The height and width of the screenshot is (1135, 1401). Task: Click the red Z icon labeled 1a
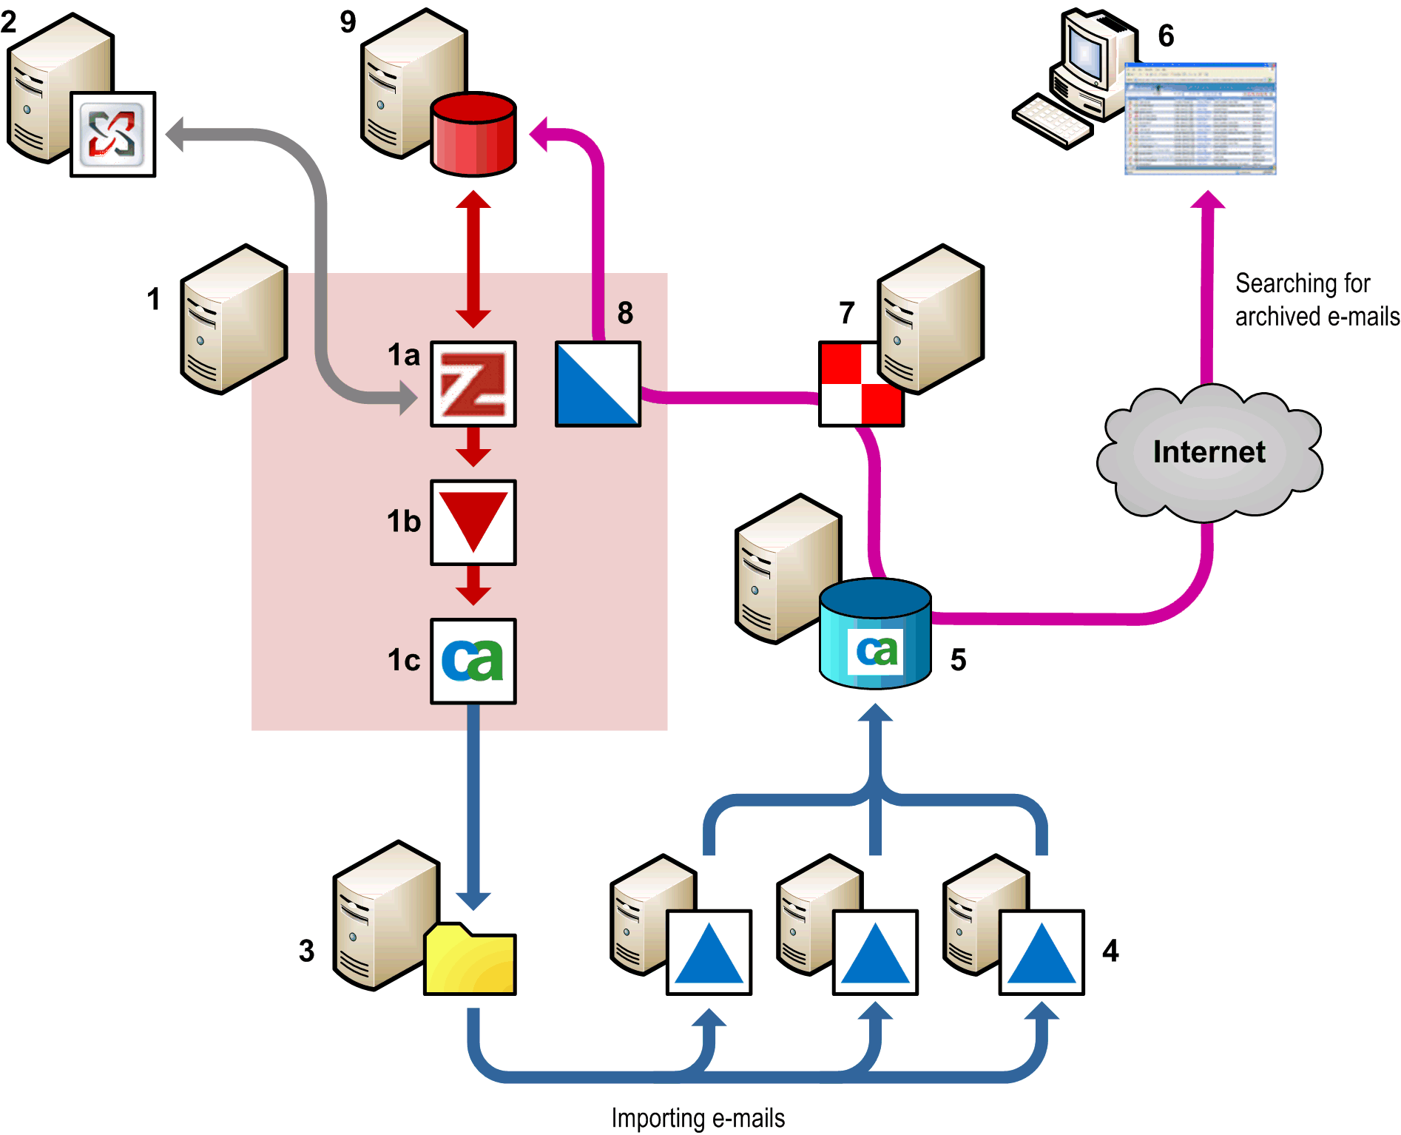pos(473,383)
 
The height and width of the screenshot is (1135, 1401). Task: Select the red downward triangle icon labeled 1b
pos(473,522)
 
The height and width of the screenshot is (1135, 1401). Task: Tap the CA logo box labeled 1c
pos(473,661)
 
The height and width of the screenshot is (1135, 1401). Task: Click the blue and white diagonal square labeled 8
pos(598,383)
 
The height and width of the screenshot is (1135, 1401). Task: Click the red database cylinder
pos(473,135)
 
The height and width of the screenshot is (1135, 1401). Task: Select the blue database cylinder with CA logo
pos(875,634)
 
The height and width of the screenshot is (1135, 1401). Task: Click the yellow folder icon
pos(470,960)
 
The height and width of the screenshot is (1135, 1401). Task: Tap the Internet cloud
pos(1209,452)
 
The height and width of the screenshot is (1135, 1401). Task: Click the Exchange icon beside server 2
pos(113,134)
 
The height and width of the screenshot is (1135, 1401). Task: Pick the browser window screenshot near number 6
pos(1200,119)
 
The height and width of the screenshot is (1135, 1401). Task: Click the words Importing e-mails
pos(698,1118)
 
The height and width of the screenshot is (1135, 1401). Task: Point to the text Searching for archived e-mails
pos(1317,300)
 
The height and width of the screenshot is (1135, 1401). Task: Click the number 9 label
pos(348,22)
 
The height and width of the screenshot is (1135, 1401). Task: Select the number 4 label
pos(1110,951)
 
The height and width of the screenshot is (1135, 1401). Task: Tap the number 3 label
pos(306,951)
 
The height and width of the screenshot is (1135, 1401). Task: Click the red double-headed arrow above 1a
pos(473,259)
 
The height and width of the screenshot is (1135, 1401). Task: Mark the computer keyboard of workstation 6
pos(1052,121)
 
